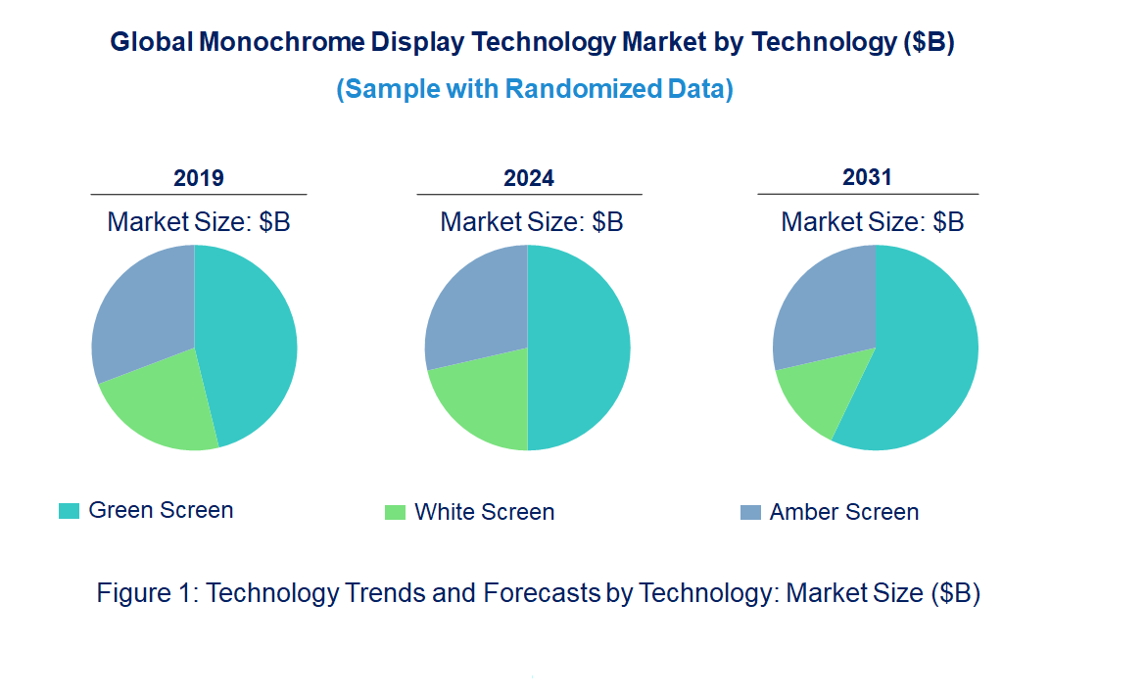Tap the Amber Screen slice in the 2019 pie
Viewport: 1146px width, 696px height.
click(142, 308)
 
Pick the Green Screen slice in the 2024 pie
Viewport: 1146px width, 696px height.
click(578, 348)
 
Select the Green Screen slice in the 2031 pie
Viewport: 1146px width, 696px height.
click(921, 362)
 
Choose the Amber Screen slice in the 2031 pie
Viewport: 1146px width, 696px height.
click(823, 303)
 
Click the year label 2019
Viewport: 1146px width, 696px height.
click(199, 178)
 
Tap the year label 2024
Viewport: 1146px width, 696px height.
click(529, 178)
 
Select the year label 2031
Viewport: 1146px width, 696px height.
click(867, 177)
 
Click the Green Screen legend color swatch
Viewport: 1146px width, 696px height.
click(69, 511)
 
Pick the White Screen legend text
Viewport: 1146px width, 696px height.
click(484, 512)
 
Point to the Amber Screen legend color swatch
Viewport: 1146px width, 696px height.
click(750, 512)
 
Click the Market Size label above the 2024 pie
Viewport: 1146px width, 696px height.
click(531, 222)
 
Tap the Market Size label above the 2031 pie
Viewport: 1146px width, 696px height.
click(872, 222)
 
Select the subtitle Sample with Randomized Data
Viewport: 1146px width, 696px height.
click(535, 89)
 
